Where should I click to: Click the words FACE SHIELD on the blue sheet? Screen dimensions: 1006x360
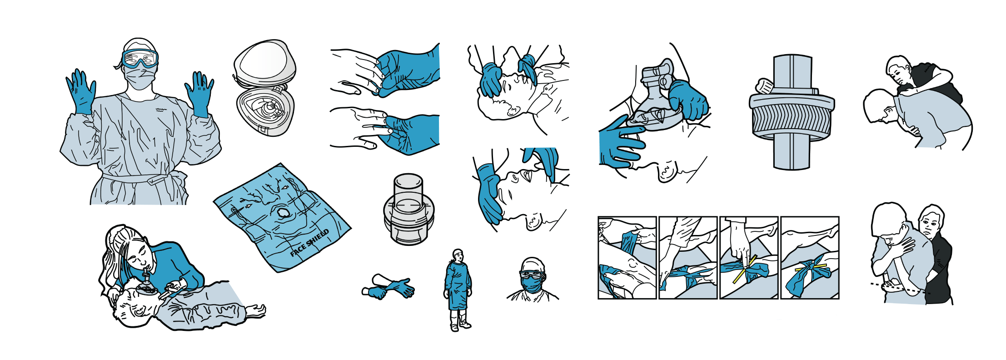[309, 243]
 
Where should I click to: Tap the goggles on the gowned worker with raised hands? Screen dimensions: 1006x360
[140, 58]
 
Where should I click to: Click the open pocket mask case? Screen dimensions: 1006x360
[264, 88]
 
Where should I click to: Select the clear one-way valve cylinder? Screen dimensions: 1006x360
[408, 209]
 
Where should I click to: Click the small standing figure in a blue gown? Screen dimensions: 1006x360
[458, 290]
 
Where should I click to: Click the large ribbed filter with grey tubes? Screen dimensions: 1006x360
[792, 112]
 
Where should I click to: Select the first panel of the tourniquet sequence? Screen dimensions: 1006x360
[627, 258]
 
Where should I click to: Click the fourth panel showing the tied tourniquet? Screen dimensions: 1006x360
[810, 258]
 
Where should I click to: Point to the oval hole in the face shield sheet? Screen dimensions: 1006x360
[283, 213]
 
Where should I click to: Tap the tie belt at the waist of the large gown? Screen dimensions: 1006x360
[141, 179]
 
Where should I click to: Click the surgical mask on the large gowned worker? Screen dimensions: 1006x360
[139, 78]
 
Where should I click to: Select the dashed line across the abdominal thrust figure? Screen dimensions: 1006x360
[900, 289]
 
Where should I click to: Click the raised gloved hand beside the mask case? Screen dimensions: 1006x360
[199, 94]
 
